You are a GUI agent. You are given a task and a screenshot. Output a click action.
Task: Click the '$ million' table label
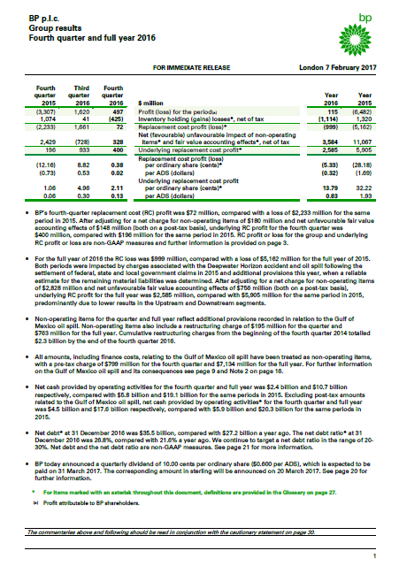pos(155,103)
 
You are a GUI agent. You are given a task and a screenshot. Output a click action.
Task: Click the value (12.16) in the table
pos(44,164)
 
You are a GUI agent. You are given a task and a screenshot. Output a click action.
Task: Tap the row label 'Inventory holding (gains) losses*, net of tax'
pos(201,119)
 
